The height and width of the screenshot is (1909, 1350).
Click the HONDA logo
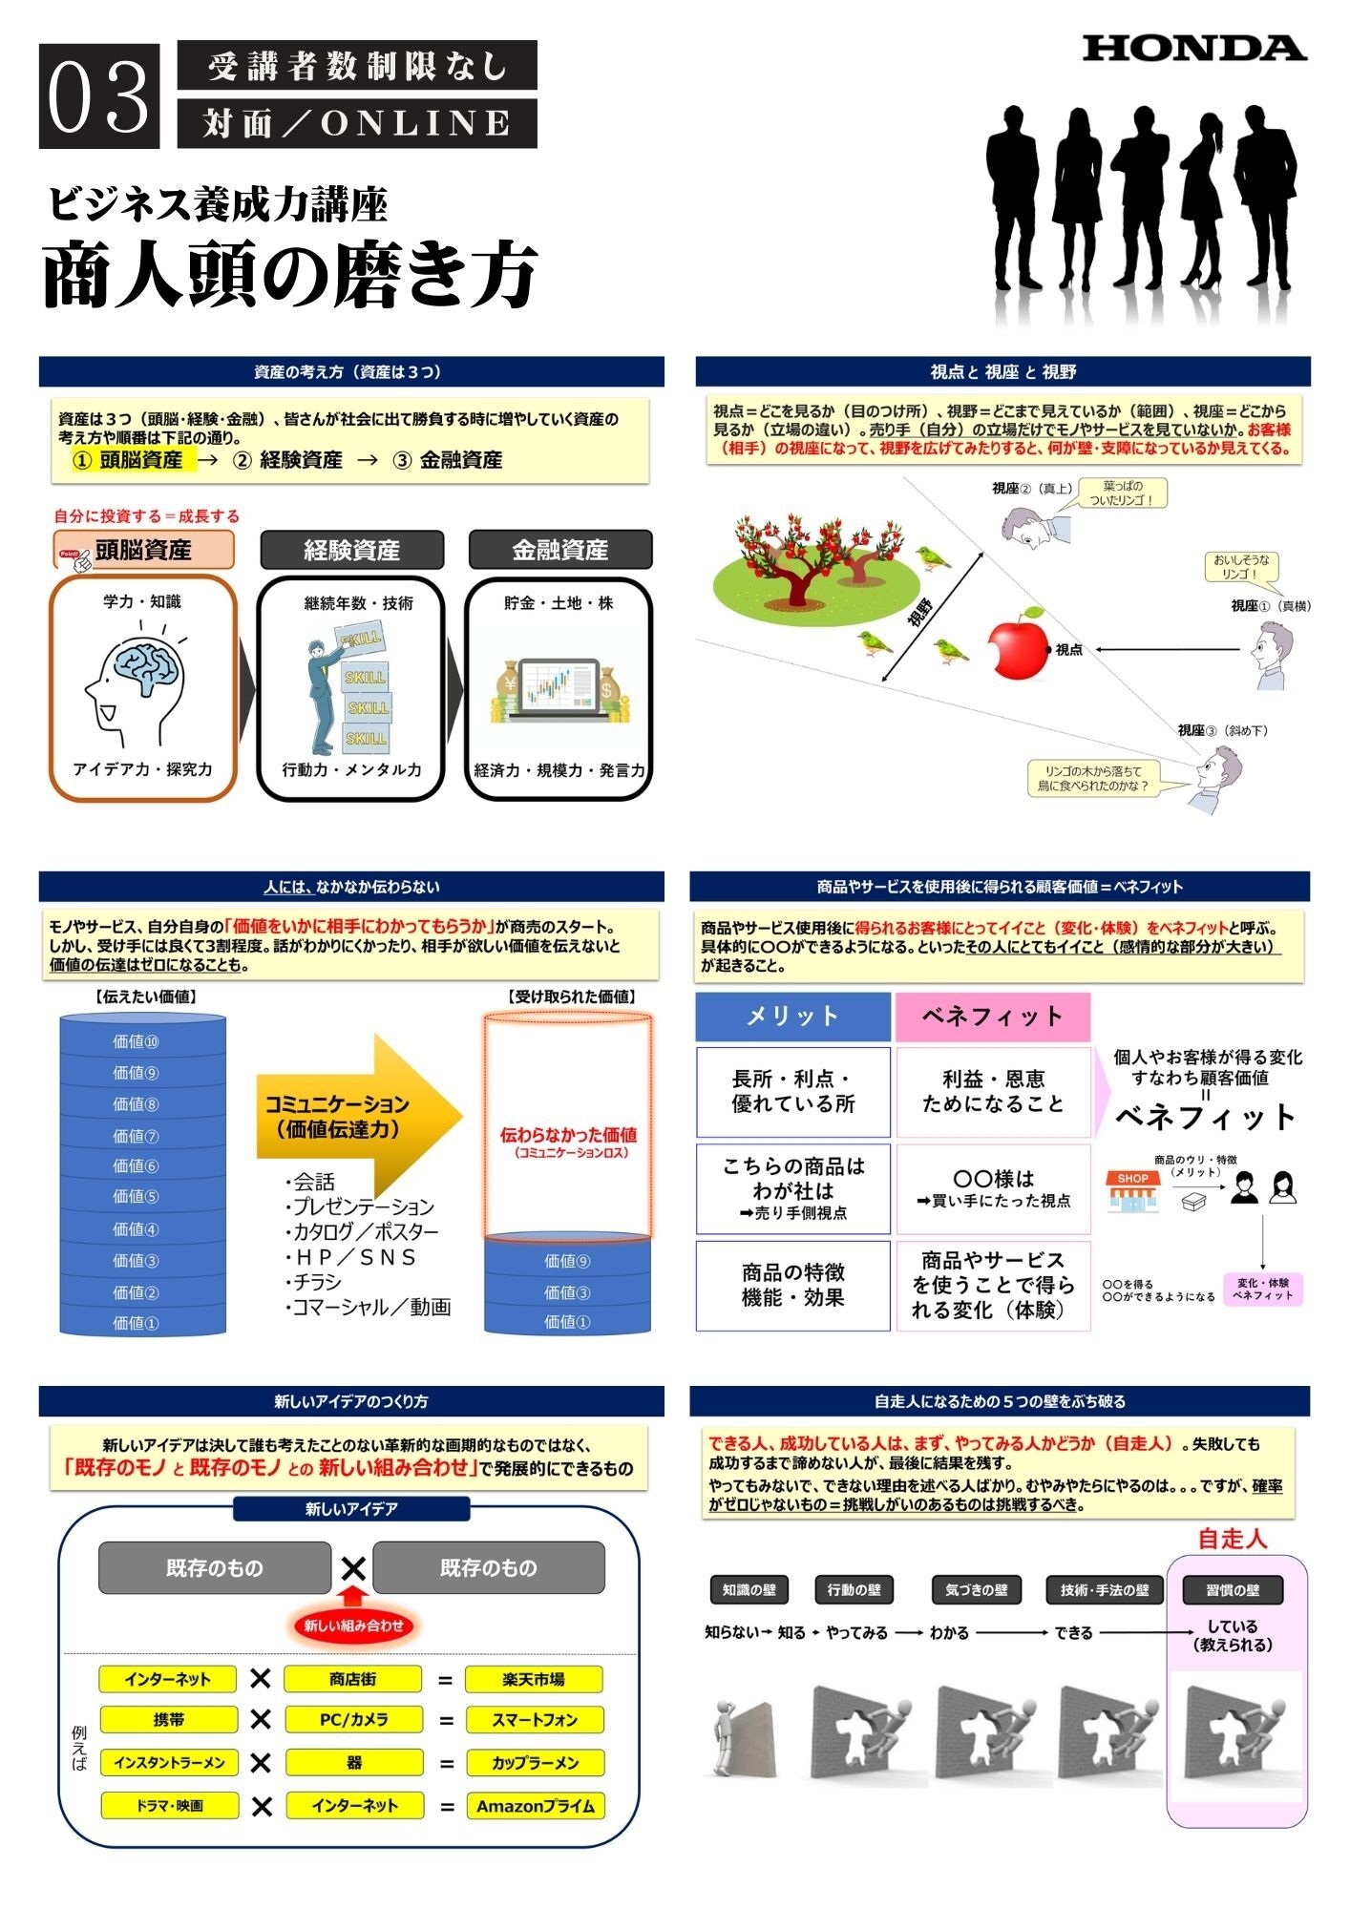pos(1193,49)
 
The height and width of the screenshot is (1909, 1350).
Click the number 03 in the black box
pos(99,96)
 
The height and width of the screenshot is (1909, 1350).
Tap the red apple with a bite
pos(1018,646)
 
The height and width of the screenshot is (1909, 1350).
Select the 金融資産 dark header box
pos(559,550)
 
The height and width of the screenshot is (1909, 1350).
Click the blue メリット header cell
pos(792,1017)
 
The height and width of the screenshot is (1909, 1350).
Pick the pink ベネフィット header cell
pos(992,1017)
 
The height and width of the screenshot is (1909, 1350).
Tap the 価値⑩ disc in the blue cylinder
pos(136,1041)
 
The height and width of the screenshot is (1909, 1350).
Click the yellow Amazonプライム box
pos(536,1806)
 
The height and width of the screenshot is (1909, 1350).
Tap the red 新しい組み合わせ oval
pos(353,1626)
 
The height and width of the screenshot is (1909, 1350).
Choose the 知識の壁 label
pos(749,1590)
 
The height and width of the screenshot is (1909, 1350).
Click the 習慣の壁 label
pos(1232,1590)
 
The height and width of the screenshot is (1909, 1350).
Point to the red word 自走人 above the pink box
pos(1232,1539)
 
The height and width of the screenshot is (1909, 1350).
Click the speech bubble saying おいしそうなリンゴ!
pos(1241,567)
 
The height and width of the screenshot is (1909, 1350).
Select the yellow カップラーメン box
pos(536,1763)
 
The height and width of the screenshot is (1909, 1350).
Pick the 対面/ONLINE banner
pos(357,123)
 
